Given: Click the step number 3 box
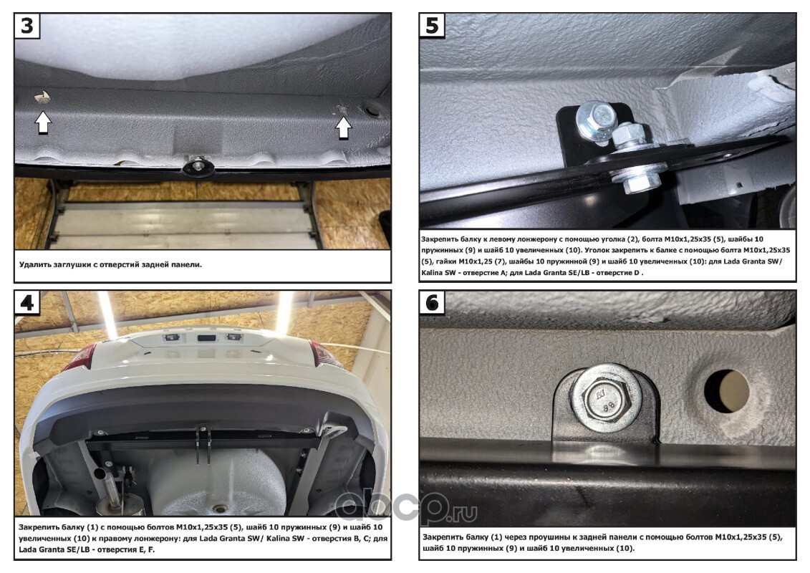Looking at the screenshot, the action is (x=27, y=25).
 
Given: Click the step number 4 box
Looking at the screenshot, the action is (x=27, y=302).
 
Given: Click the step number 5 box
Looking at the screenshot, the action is (x=432, y=25).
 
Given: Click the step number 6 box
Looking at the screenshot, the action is (x=432, y=302).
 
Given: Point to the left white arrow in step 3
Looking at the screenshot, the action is (x=43, y=123).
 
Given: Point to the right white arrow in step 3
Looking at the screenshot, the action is (x=343, y=127).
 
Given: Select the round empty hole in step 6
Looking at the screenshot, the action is (x=725, y=390).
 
